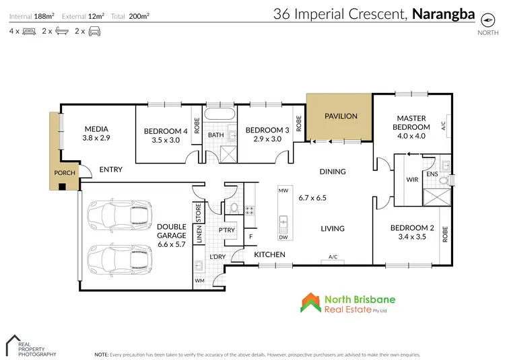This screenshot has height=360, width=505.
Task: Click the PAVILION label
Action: (x=341, y=116)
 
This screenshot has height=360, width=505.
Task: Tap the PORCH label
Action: (x=65, y=173)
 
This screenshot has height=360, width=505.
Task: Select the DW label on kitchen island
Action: (x=283, y=237)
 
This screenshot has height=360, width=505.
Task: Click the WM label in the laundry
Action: (x=199, y=280)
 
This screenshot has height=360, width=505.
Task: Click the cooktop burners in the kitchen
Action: (x=248, y=209)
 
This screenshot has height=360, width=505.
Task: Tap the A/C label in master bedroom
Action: (x=443, y=125)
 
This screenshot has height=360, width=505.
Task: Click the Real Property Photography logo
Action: (x=32, y=345)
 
